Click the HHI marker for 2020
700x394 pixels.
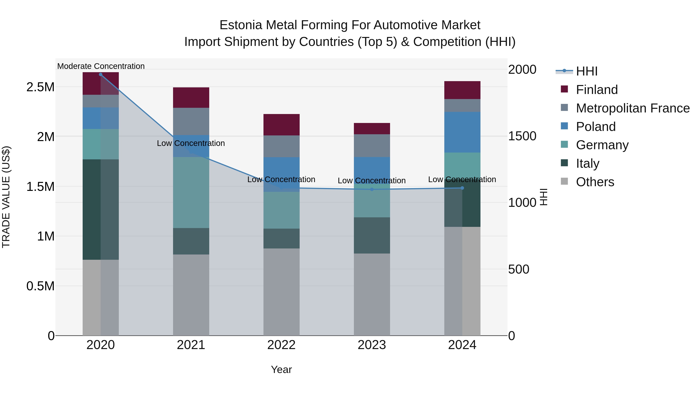tap(101, 74)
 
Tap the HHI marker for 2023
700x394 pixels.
tap(372, 189)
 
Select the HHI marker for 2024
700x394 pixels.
tap(462, 188)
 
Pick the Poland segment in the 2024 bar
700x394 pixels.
tap(462, 132)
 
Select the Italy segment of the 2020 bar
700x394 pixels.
tap(101, 209)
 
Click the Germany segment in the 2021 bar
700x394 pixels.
tap(191, 192)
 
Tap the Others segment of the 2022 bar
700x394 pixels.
tap(282, 292)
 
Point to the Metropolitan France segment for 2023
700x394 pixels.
tap(372, 146)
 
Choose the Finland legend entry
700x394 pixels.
tap(597, 90)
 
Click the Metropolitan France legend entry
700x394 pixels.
tap(633, 108)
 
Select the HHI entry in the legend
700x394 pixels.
tap(586, 71)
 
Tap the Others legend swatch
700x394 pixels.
tap(564, 181)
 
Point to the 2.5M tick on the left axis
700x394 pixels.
tap(40, 87)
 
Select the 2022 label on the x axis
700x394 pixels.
tap(282, 345)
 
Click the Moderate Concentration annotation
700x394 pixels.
tap(101, 66)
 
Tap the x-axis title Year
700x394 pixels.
tap(282, 369)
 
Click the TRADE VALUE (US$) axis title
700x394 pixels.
tap(6, 197)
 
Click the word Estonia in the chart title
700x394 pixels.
tap(241, 25)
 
